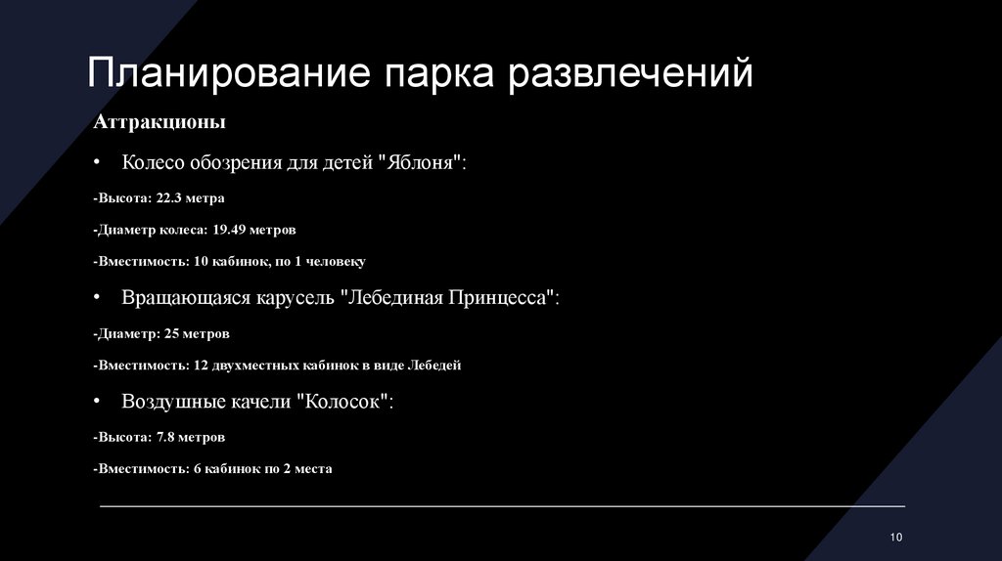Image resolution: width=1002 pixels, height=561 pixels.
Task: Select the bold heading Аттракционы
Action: pyautogui.click(x=159, y=123)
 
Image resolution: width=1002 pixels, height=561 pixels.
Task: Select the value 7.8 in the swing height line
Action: pyautogui.click(x=166, y=436)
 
